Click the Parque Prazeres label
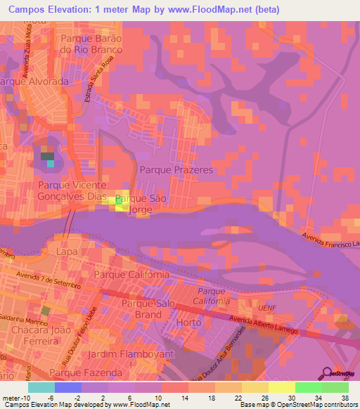[176, 170]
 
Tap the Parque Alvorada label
[34, 82]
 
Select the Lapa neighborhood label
[67, 250]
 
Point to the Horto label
[190, 321]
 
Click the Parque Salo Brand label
[146, 309]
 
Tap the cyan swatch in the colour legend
[41, 387]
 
